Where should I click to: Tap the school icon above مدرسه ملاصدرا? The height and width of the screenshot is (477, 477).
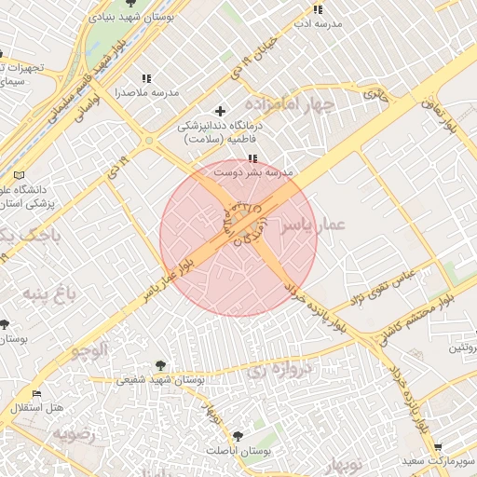tap(145, 79)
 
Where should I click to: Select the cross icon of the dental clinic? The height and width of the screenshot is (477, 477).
tap(220, 111)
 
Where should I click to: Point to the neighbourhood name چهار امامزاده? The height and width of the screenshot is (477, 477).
tap(290, 103)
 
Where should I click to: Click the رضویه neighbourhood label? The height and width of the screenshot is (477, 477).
tap(74, 433)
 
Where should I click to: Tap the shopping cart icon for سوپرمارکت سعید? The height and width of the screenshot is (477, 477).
tap(437, 447)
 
